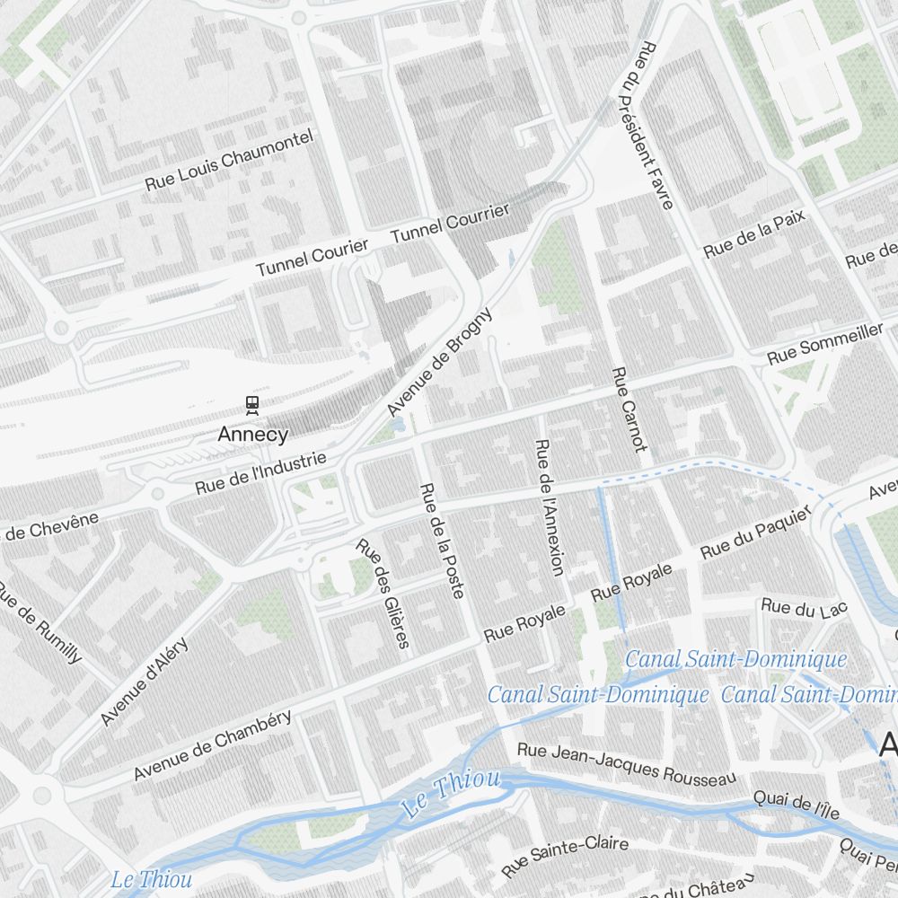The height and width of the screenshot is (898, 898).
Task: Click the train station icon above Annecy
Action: tap(253, 406)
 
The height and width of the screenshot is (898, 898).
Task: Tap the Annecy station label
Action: tap(253, 435)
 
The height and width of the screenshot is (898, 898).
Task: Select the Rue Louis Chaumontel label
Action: tap(230, 160)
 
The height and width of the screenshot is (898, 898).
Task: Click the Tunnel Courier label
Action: tap(312, 258)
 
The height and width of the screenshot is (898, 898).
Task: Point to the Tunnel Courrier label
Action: tap(450, 223)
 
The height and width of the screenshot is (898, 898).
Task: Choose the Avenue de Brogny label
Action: tap(440, 362)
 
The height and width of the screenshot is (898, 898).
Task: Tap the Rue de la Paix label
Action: tap(754, 235)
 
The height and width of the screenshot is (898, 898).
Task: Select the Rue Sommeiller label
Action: tap(824, 344)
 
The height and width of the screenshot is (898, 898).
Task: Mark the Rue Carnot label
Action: tap(629, 409)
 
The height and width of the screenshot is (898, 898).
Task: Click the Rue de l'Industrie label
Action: tap(260, 472)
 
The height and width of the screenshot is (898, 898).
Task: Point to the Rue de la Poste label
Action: tap(442, 541)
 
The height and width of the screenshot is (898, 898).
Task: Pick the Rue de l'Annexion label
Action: tap(549, 507)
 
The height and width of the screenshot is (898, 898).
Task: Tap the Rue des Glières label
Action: tap(383, 593)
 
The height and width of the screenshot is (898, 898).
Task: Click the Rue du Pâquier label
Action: tap(756, 536)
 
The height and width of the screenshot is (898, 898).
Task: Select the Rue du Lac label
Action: tap(804, 608)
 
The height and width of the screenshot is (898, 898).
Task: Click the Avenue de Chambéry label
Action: tap(213, 744)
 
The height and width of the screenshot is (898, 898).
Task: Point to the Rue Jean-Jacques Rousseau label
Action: tap(626, 763)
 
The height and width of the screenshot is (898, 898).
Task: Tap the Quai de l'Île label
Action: tap(796, 805)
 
